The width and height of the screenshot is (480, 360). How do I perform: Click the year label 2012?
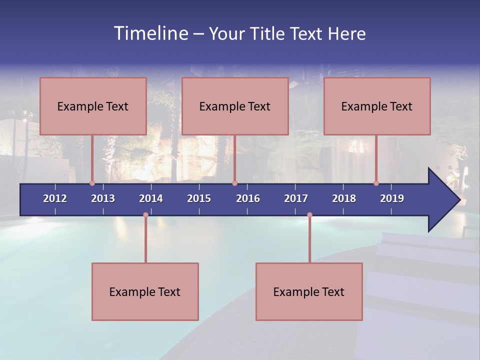pyautogui.click(x=55, y=198)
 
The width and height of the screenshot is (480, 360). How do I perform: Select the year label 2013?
pyautogui.click(x=103, y=198)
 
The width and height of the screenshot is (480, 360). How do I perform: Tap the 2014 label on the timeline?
pyautogui.click(x=151, y=198)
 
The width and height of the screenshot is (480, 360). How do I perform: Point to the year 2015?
pyautogui.click(x=199, y=198)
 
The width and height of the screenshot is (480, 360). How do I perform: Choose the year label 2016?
pyautogui.click(x=248, y=198)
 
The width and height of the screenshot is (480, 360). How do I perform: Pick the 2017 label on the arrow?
pyautogui.click(x=296, y=198)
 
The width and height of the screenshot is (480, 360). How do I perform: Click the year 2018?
pyautogui.click(x=344, y=198)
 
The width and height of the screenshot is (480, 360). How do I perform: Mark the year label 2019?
pyautogui.click(x=392, y=198)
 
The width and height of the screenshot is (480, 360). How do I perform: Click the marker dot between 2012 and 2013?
pyautogui.click(x=92, y=183)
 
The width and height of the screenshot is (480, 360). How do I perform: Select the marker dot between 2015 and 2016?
pyautogui.click(x=234, y=183)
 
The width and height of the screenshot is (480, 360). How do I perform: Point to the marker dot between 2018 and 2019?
pyautogui.click(x=376, y=183)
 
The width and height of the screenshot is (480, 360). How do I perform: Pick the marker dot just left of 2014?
pyautogui.click(x=145, y=215)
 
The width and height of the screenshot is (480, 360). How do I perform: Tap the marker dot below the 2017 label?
pyautogui.click(x=309, y=215)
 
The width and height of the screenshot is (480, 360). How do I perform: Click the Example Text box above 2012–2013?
pyautogui.click(x=93, y=106)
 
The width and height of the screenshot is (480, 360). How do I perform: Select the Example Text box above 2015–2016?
pyautogui.click(x=235, y=106)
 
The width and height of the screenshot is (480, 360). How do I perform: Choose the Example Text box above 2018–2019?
pyautogui.click(x=377, y=106)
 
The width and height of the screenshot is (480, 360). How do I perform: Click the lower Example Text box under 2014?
pyautogui.click(x=145, y=291)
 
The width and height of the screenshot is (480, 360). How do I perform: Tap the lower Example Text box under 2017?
pyautogui.click(x=309, y=291)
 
